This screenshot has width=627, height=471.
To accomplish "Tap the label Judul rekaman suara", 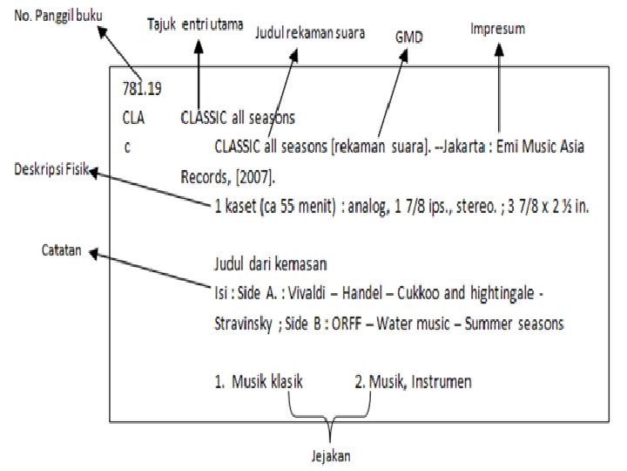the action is pyautogui.click(x=309, y=33).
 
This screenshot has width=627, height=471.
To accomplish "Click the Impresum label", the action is pyautogui.click(x=497, y=29).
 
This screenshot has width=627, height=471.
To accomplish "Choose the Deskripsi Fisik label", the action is pyautogui.click(x=50, y=167).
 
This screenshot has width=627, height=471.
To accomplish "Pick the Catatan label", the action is pyautogui.click(x=61, y=249).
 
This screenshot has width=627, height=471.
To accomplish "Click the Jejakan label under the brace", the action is pyautogui.click(x=332, y=455).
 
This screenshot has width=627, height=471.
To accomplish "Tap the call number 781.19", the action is pyautogui.click(x=142, y=88).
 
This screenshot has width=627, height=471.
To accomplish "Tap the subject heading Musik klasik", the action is pyautogui.click(x=266, y=381).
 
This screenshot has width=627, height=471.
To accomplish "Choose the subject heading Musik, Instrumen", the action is pyautogui.click(x=414, y=381).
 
